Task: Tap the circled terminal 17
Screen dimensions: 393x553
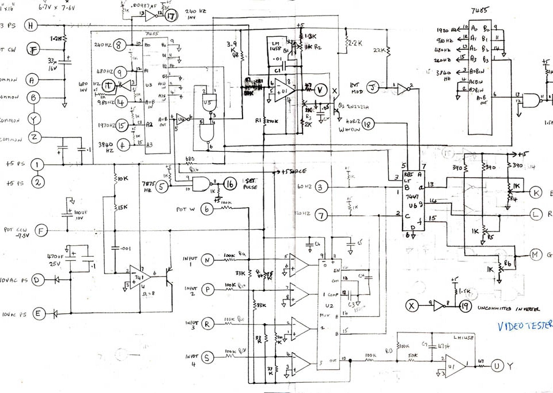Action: click(x=171, y=17)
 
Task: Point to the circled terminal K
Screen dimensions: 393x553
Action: click(x=536, y=192)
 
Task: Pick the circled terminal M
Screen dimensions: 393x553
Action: click(x=536, y=254)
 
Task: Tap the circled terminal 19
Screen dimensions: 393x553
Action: click(x=465, y=306)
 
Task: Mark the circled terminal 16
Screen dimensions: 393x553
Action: click(x=230, y=184)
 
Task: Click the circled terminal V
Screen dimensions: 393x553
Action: click(x=321, y=89)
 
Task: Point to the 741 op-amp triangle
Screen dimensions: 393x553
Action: click(x=136, y=276)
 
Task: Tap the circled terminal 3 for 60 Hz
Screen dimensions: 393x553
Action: click(x=322, y=186)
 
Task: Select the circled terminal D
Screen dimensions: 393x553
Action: click(x=38, y=280)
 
